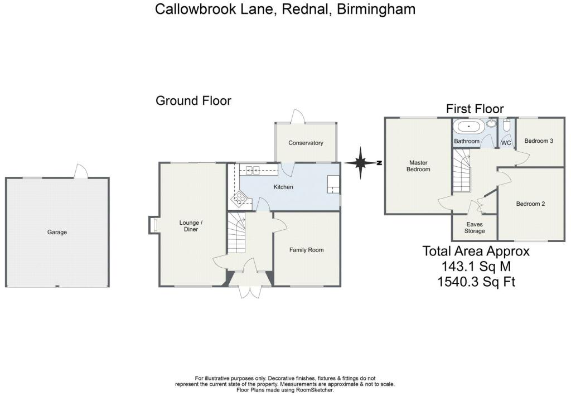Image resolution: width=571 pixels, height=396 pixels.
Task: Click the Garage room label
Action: (x=57, y=232)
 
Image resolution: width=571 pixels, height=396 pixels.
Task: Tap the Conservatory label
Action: (x=306, y=143)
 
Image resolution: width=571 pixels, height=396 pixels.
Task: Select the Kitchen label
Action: (x=283, y=187)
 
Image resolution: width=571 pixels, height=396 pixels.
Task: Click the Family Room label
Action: (x=306, y=250)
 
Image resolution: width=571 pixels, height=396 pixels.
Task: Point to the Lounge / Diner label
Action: (x=191, y=226)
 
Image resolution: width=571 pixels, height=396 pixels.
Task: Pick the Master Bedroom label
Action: (x=418, y=166)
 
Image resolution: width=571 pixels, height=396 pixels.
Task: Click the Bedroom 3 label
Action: (x=539, y=141)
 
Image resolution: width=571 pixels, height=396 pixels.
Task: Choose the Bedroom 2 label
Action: (x=530, y=204)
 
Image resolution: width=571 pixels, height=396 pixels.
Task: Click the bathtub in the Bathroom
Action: (x=469, y=127)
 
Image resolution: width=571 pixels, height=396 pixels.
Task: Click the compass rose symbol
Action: (x=361, y=163)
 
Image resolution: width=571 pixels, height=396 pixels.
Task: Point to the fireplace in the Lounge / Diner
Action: (x=153, y=225)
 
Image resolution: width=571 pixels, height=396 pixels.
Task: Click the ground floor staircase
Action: (x=237, y=231)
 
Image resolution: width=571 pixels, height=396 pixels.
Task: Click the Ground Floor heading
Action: (x=193, y=101)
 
